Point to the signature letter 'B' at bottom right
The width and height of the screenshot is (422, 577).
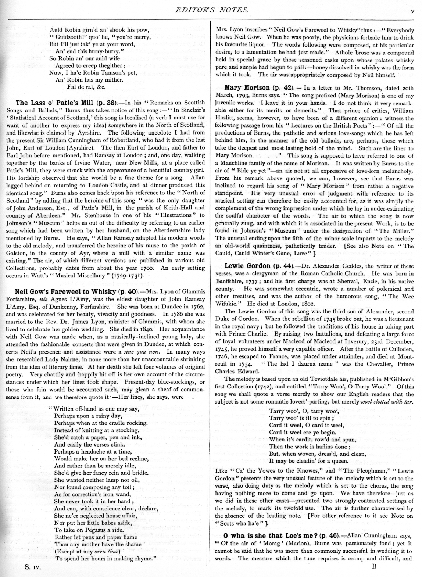pyautogui.click(x=375, y=566)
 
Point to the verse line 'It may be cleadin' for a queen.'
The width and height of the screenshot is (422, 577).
pyautogui.click(x=308, y=461)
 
